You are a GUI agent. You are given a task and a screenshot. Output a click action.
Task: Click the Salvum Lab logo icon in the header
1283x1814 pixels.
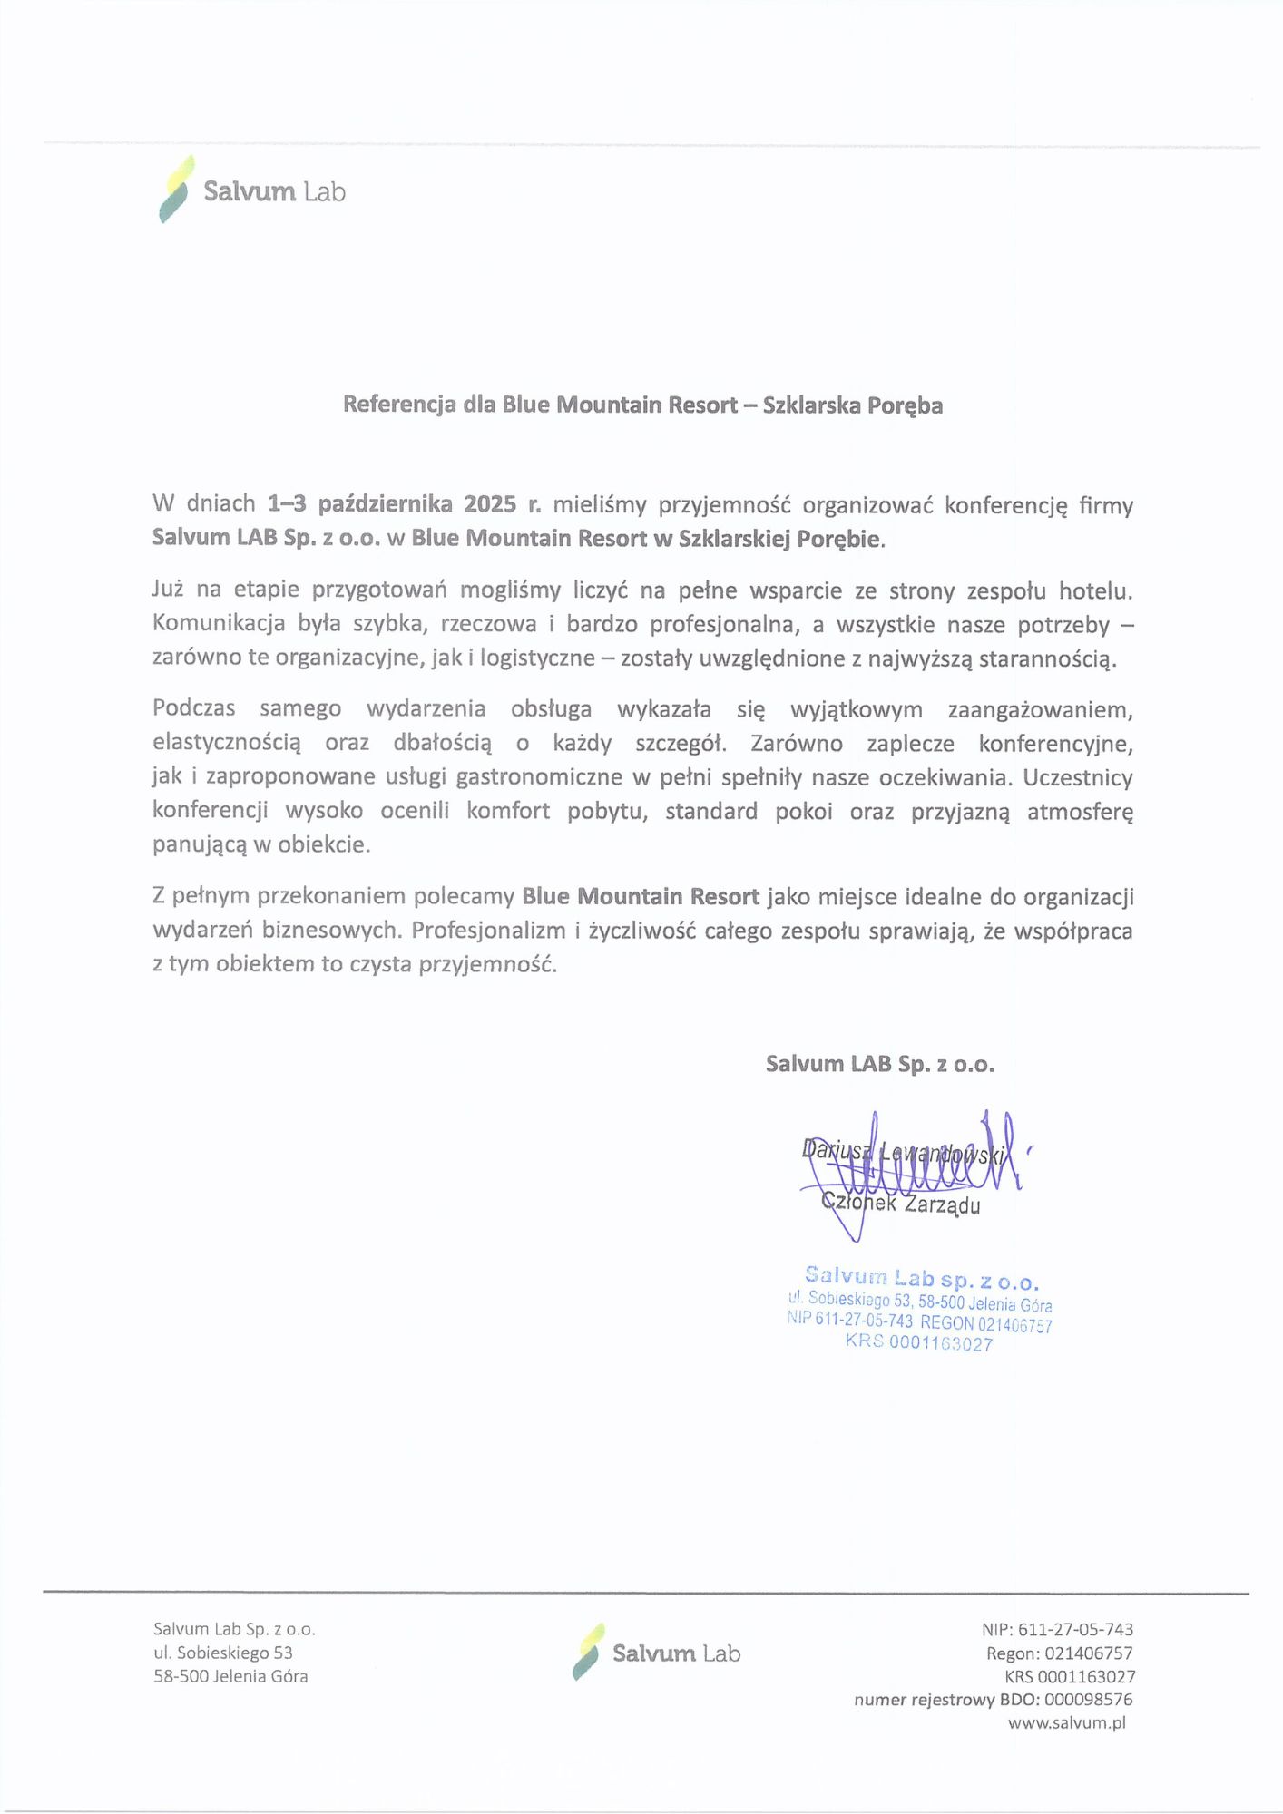[x=176, y=189]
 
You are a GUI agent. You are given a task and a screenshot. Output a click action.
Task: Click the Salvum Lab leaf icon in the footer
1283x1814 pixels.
[x=588, y=1652]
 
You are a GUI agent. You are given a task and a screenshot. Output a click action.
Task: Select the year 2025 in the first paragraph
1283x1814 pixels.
[x=490, y=504]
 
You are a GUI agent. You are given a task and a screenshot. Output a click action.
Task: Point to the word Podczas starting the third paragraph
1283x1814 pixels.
[x=193, y=708]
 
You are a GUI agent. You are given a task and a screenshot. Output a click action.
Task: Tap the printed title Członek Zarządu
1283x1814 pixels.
[x=901, y=1205]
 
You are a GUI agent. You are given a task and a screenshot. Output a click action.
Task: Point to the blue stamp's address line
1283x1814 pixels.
[x=920, y=1302]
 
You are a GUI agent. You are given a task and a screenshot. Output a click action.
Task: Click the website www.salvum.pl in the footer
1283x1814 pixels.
[x=1066, y=1722]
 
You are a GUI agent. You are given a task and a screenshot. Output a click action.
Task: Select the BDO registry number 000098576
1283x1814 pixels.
[x=1088, y=1699]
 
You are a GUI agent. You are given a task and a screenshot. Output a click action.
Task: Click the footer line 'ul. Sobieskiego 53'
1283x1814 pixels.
[x=223, y=1653]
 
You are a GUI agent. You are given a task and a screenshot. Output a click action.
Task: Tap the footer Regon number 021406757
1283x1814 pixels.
[x=1088, y=1653]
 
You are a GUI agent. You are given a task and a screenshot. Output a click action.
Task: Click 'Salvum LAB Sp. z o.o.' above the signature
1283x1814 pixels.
[x=879, y=1064]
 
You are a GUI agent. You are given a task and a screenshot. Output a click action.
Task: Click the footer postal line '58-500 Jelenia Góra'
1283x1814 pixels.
[x=230, y=1676]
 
